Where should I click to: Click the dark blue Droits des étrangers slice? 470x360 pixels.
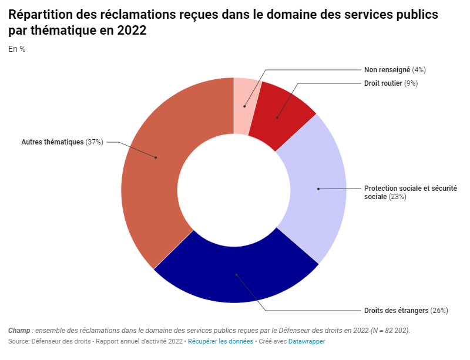click(x=235, y=276)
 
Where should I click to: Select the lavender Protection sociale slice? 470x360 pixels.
click(x=314, y=188)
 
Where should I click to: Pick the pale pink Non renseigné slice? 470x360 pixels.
click(x=244, y=106)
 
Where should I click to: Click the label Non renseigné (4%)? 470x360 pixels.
click(x=395, y=69)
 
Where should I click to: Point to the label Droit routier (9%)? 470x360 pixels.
click(x=391, y=83)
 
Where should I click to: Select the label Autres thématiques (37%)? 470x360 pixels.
click(x=62, y=142)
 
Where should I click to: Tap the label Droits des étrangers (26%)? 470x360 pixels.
click(x=406, y=310)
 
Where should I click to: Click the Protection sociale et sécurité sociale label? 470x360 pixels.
click(x=410, y=192)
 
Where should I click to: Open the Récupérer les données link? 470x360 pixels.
click(x=220, y=341)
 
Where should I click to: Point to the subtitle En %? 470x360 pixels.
click(x=17, y=49)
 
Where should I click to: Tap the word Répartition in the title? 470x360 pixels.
click(x=39, y=15)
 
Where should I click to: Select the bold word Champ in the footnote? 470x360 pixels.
click(x=19, y=331)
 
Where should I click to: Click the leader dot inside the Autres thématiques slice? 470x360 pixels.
click(x=156, y=157)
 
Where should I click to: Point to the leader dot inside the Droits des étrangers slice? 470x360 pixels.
click(x=236, y=274)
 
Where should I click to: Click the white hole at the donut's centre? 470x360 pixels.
click(x=234, y=190)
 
